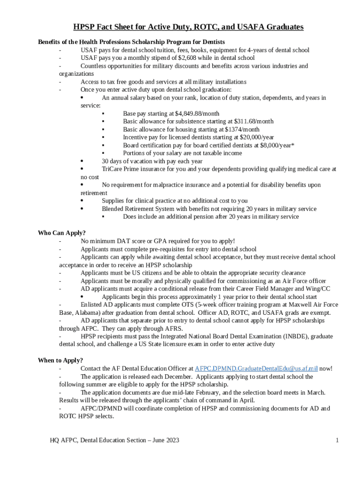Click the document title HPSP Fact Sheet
tap(188, 27)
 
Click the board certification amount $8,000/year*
tap(276, 145)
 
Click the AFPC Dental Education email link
tap(256, 369)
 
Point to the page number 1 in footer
tap(337, 440)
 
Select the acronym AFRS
tap(173, 328)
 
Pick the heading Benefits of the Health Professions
tap(131, 42)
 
